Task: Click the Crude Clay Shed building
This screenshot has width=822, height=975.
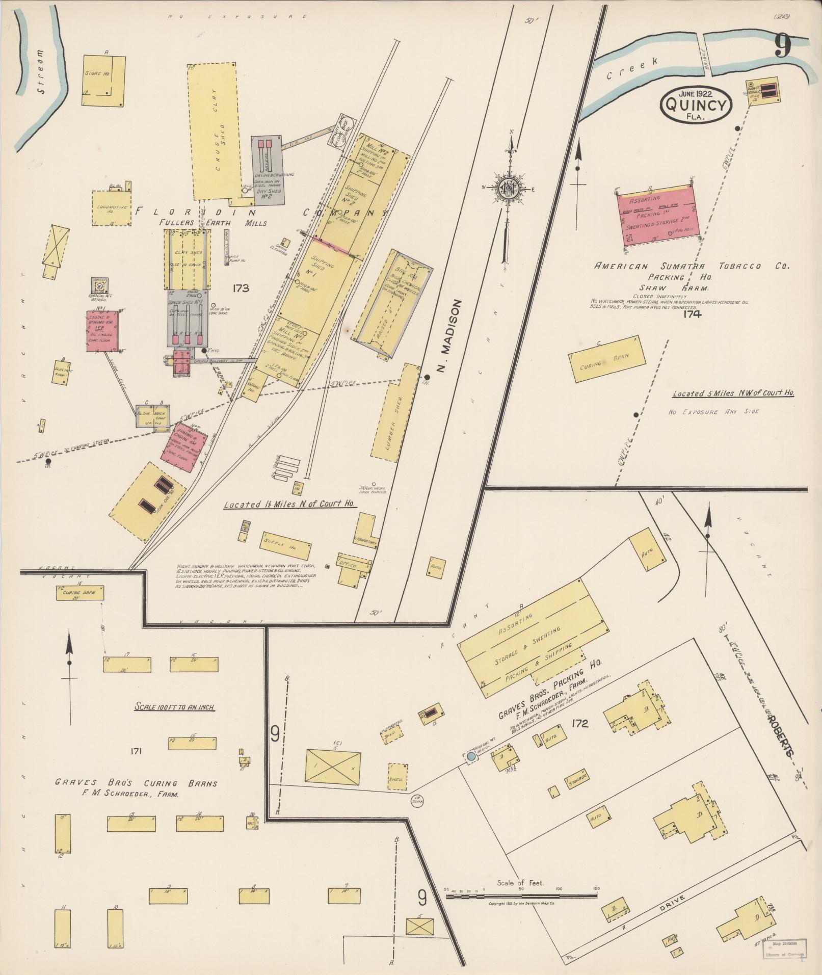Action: (215, 131)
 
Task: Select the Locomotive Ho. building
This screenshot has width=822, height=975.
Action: (111, 208)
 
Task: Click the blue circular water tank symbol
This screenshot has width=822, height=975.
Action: (471, 757)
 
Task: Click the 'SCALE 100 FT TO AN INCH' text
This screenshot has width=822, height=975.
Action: (174, 707)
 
